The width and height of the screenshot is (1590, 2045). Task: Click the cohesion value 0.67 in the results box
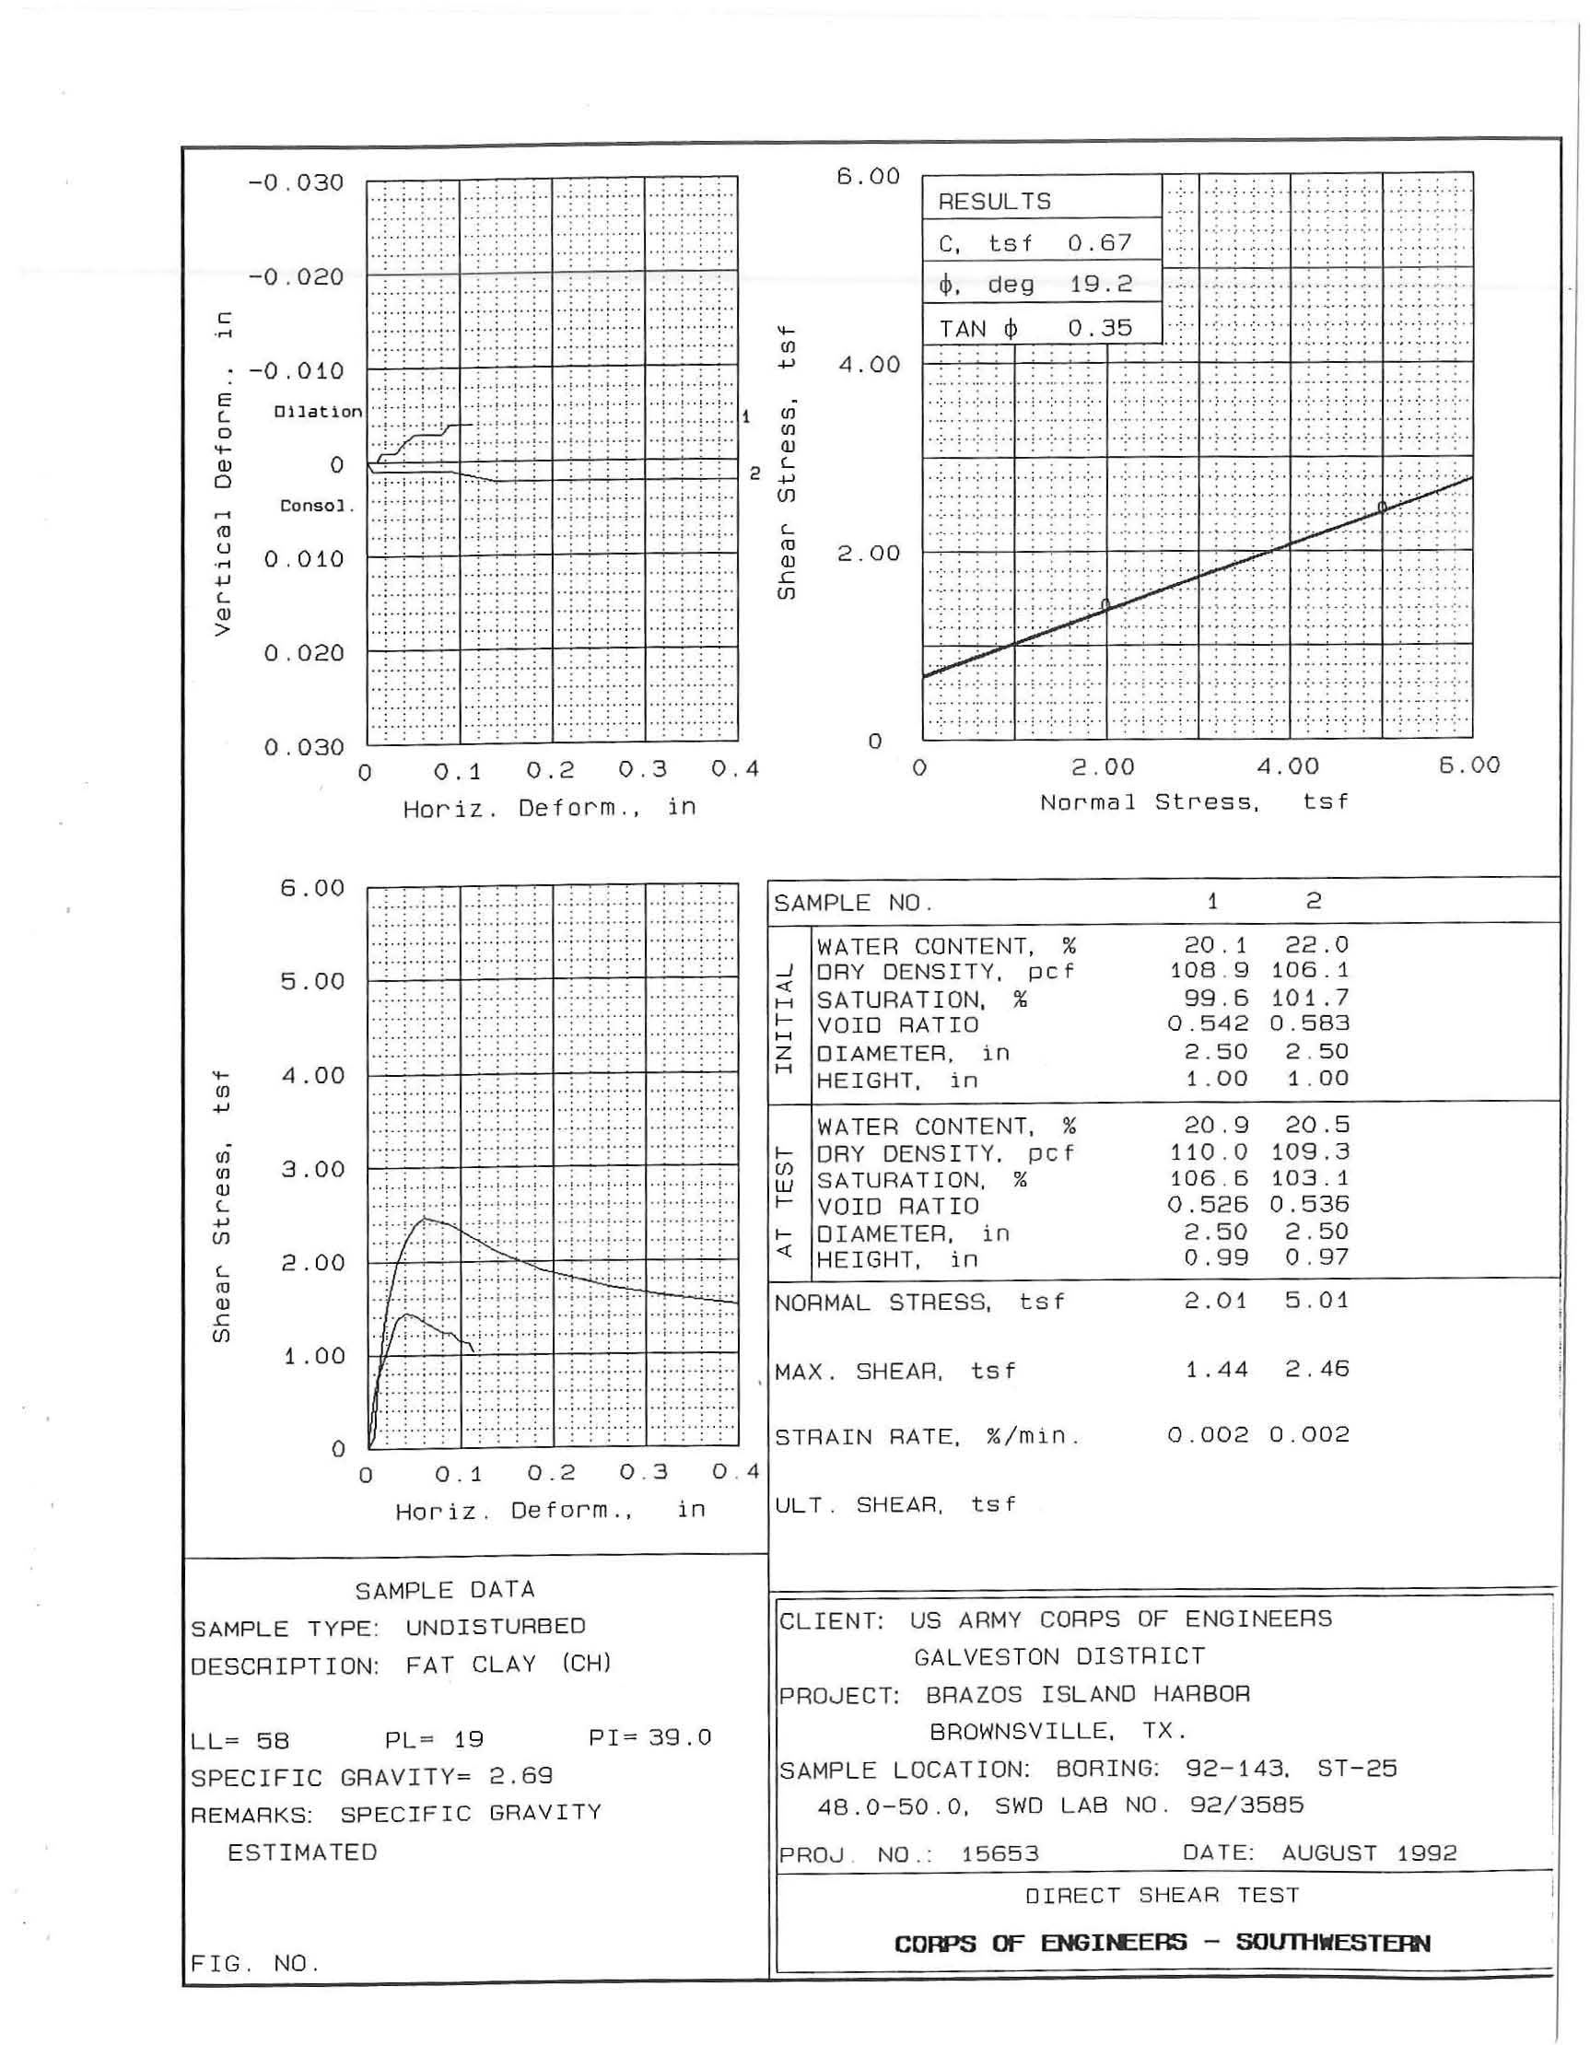point(1099,243)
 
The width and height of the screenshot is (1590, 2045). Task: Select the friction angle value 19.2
point(1100,285)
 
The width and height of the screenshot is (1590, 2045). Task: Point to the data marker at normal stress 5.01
point(1382,508)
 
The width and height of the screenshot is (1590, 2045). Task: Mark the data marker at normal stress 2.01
point(1105,605)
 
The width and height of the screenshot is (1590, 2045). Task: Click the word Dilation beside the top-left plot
point(318,412)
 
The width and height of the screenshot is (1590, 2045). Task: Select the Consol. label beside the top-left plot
point(318,507)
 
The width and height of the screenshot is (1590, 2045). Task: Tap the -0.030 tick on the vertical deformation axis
point(296,182)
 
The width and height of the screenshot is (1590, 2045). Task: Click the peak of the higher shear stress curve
point(424,1218)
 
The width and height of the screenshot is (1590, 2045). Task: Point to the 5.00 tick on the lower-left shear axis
point(313,981)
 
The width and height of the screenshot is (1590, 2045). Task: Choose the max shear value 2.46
point(1316,1370)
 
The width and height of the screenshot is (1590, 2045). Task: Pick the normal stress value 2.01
point(1215,1301)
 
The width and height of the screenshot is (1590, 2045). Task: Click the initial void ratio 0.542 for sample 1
point(1207,1024)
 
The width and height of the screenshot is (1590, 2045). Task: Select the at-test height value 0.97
point(1316,1258)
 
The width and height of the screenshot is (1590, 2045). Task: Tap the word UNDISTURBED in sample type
point(496,1627)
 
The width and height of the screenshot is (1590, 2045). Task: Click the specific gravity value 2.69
point(520,1776)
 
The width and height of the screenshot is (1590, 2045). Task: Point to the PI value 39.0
point(679,1738)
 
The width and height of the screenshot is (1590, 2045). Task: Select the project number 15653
point(1000,1854)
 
